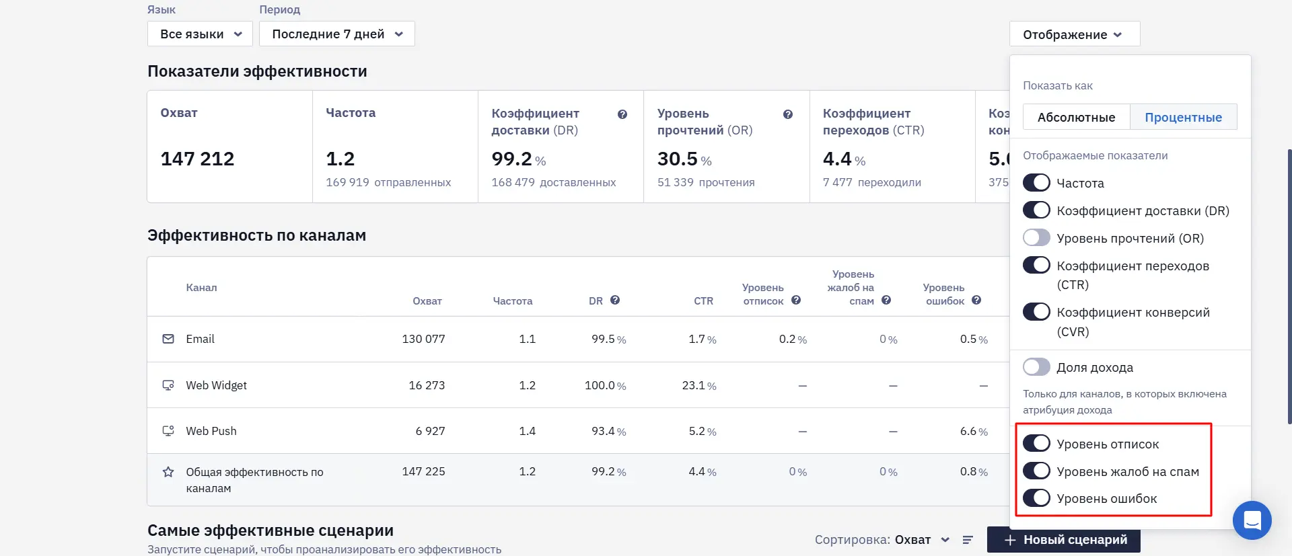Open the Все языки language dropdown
[x=200, y=34]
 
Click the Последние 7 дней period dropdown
[x=336, y=34]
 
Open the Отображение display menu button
[x=1074, y=34]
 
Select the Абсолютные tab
[x=1076, y=117]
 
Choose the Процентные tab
[x=1183, y=117]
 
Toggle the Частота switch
[x=1036, y=182]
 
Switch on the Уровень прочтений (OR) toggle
[x=1036, y=237]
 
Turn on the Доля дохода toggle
[x=1036, y=366]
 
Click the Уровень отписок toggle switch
[x=1036, y=443]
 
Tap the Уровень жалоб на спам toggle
[x=1036, y=471]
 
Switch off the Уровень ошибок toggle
[x=1036, y=498]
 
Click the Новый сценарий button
[x=1064, y=540]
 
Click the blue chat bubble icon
[x=1252, y=520]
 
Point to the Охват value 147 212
[x=197, y=159]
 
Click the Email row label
[x=200, y=339]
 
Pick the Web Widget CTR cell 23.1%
[x=699, y=385]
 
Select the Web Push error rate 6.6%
[x=974, y=431]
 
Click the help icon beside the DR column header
[x=615, y=301]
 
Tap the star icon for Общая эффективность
[x=168, y=472]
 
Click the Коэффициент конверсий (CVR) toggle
[x=1036, y=312]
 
